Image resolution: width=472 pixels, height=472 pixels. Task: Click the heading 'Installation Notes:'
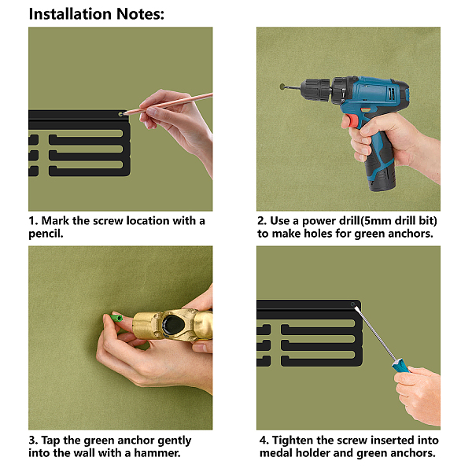click(x=96, y=14)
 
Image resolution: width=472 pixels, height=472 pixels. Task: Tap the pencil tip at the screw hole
click(x=124, y=114)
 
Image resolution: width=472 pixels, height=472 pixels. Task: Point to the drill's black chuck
click(x=315, y=88)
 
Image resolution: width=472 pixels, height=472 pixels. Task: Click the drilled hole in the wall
click(x=282, y=87)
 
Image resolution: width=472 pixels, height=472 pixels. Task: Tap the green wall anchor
click(x=116, y=318)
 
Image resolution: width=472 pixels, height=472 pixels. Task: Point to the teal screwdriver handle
click(x=401, y=366)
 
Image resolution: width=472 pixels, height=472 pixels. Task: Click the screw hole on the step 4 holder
click(x=352, y=304)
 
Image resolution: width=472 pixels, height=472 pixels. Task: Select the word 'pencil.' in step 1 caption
click(x=46, y=234)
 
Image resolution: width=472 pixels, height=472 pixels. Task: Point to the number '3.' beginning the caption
click(x=33, y=441)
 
